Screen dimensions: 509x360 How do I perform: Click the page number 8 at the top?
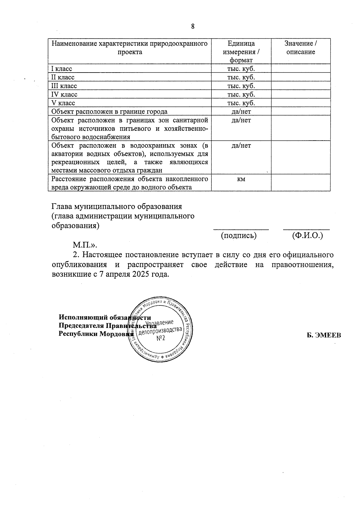click(193, 26)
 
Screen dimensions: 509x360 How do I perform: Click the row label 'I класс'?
click(62, 69)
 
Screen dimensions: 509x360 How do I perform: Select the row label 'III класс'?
click(64, 86)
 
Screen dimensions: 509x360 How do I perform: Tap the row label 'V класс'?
click(63, 103)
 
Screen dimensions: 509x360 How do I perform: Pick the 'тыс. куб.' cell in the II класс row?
click(241, 77)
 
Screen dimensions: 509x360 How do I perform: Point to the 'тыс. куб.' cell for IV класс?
click(241, 94)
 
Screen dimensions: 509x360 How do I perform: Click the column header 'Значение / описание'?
click(301, 48)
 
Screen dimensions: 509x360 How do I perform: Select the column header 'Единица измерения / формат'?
click(241, 52)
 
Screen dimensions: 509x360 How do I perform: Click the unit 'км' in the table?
click(241, 179)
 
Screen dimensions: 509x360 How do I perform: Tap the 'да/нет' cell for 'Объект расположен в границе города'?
click(241, 112)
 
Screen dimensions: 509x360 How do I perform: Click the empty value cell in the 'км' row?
click(301, 183)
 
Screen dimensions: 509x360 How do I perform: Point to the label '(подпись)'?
click(239, 236)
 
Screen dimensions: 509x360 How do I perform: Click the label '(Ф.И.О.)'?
click(307, 236)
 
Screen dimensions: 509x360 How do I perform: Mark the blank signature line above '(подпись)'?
click(241, 229)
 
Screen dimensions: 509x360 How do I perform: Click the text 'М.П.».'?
click(85, 245)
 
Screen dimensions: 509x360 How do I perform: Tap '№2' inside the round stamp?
click(161, 338)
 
